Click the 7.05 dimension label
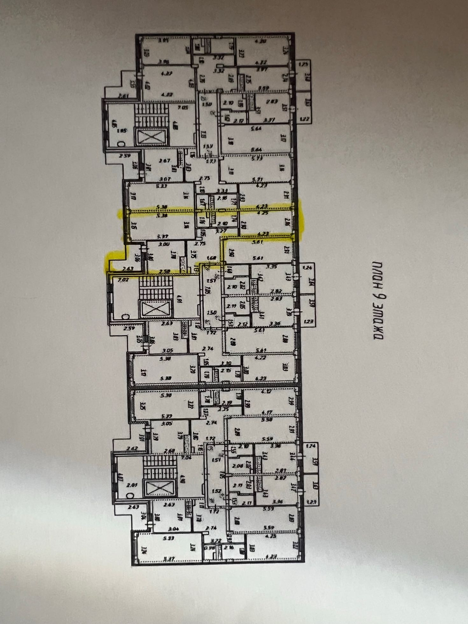click(183, 108)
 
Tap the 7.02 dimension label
click(123, 280)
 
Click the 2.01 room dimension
click(131, 486)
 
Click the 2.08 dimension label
click(238, 466)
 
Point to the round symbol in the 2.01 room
click(129, 495)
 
